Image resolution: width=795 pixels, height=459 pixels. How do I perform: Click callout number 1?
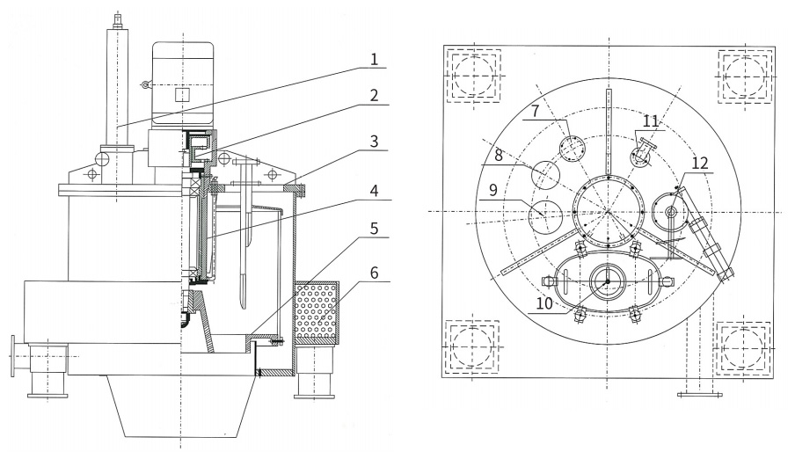(x=374, y=61)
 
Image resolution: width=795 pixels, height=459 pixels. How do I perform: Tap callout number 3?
(x=374, y=142)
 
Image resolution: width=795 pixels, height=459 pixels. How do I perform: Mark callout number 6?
(x=374, y=273)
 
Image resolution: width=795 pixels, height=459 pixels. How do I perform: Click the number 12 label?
(x=699, y=164)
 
